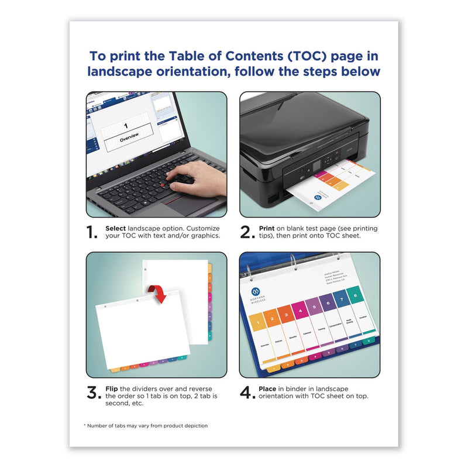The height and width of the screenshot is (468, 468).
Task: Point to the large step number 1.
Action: tap(92, 232)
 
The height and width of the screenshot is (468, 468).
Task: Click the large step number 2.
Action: tap(246, 232)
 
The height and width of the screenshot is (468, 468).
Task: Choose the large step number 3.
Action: tap(93, 393)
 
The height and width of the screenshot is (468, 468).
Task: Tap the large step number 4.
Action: tap(246, 393)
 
